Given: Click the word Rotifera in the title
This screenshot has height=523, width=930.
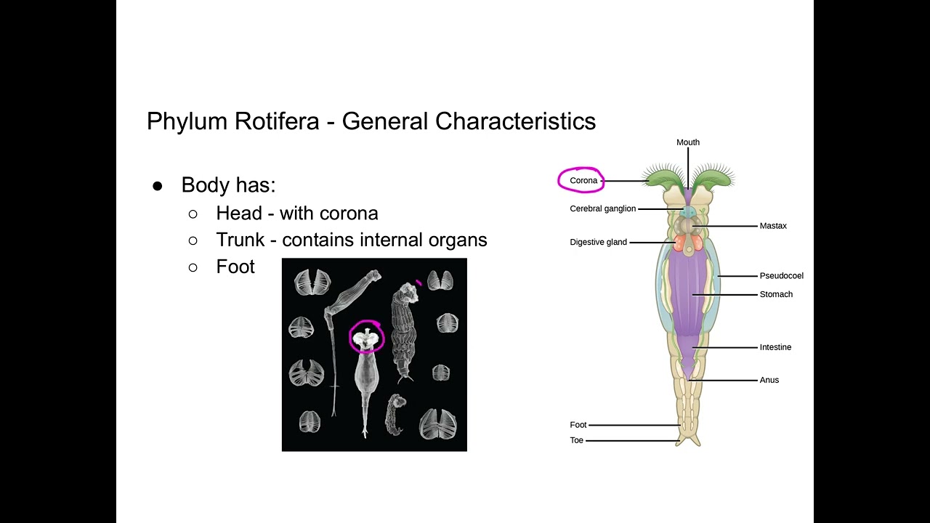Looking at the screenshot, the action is point(277,121).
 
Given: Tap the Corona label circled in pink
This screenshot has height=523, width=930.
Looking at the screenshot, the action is point(583,181).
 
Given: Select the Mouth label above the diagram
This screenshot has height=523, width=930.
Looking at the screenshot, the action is point(688,142).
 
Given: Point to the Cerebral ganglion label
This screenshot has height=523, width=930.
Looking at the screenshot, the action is point(603,208).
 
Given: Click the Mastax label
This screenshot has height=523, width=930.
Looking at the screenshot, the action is point(773,226).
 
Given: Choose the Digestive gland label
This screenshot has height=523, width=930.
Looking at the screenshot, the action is point(598,242).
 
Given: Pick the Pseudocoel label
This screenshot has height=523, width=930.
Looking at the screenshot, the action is point(781,275).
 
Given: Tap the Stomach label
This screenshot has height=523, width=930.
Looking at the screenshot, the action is point(776,294).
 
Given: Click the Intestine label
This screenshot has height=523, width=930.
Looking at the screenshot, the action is point(775,347).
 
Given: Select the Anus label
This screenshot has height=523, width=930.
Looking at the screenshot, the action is point(769,380).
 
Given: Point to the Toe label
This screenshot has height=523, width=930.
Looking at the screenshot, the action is point(577,440).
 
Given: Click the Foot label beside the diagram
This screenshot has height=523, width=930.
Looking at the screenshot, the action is point(578,425).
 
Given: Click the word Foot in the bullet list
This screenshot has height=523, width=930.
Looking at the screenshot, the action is point(235,267).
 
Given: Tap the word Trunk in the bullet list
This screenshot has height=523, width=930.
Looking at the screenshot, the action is point(240,240).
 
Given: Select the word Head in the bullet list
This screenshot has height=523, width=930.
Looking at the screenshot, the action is point(239,213).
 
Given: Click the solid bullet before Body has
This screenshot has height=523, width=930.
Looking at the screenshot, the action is point(158,186).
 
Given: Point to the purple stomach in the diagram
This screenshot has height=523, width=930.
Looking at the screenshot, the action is point(688,299).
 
